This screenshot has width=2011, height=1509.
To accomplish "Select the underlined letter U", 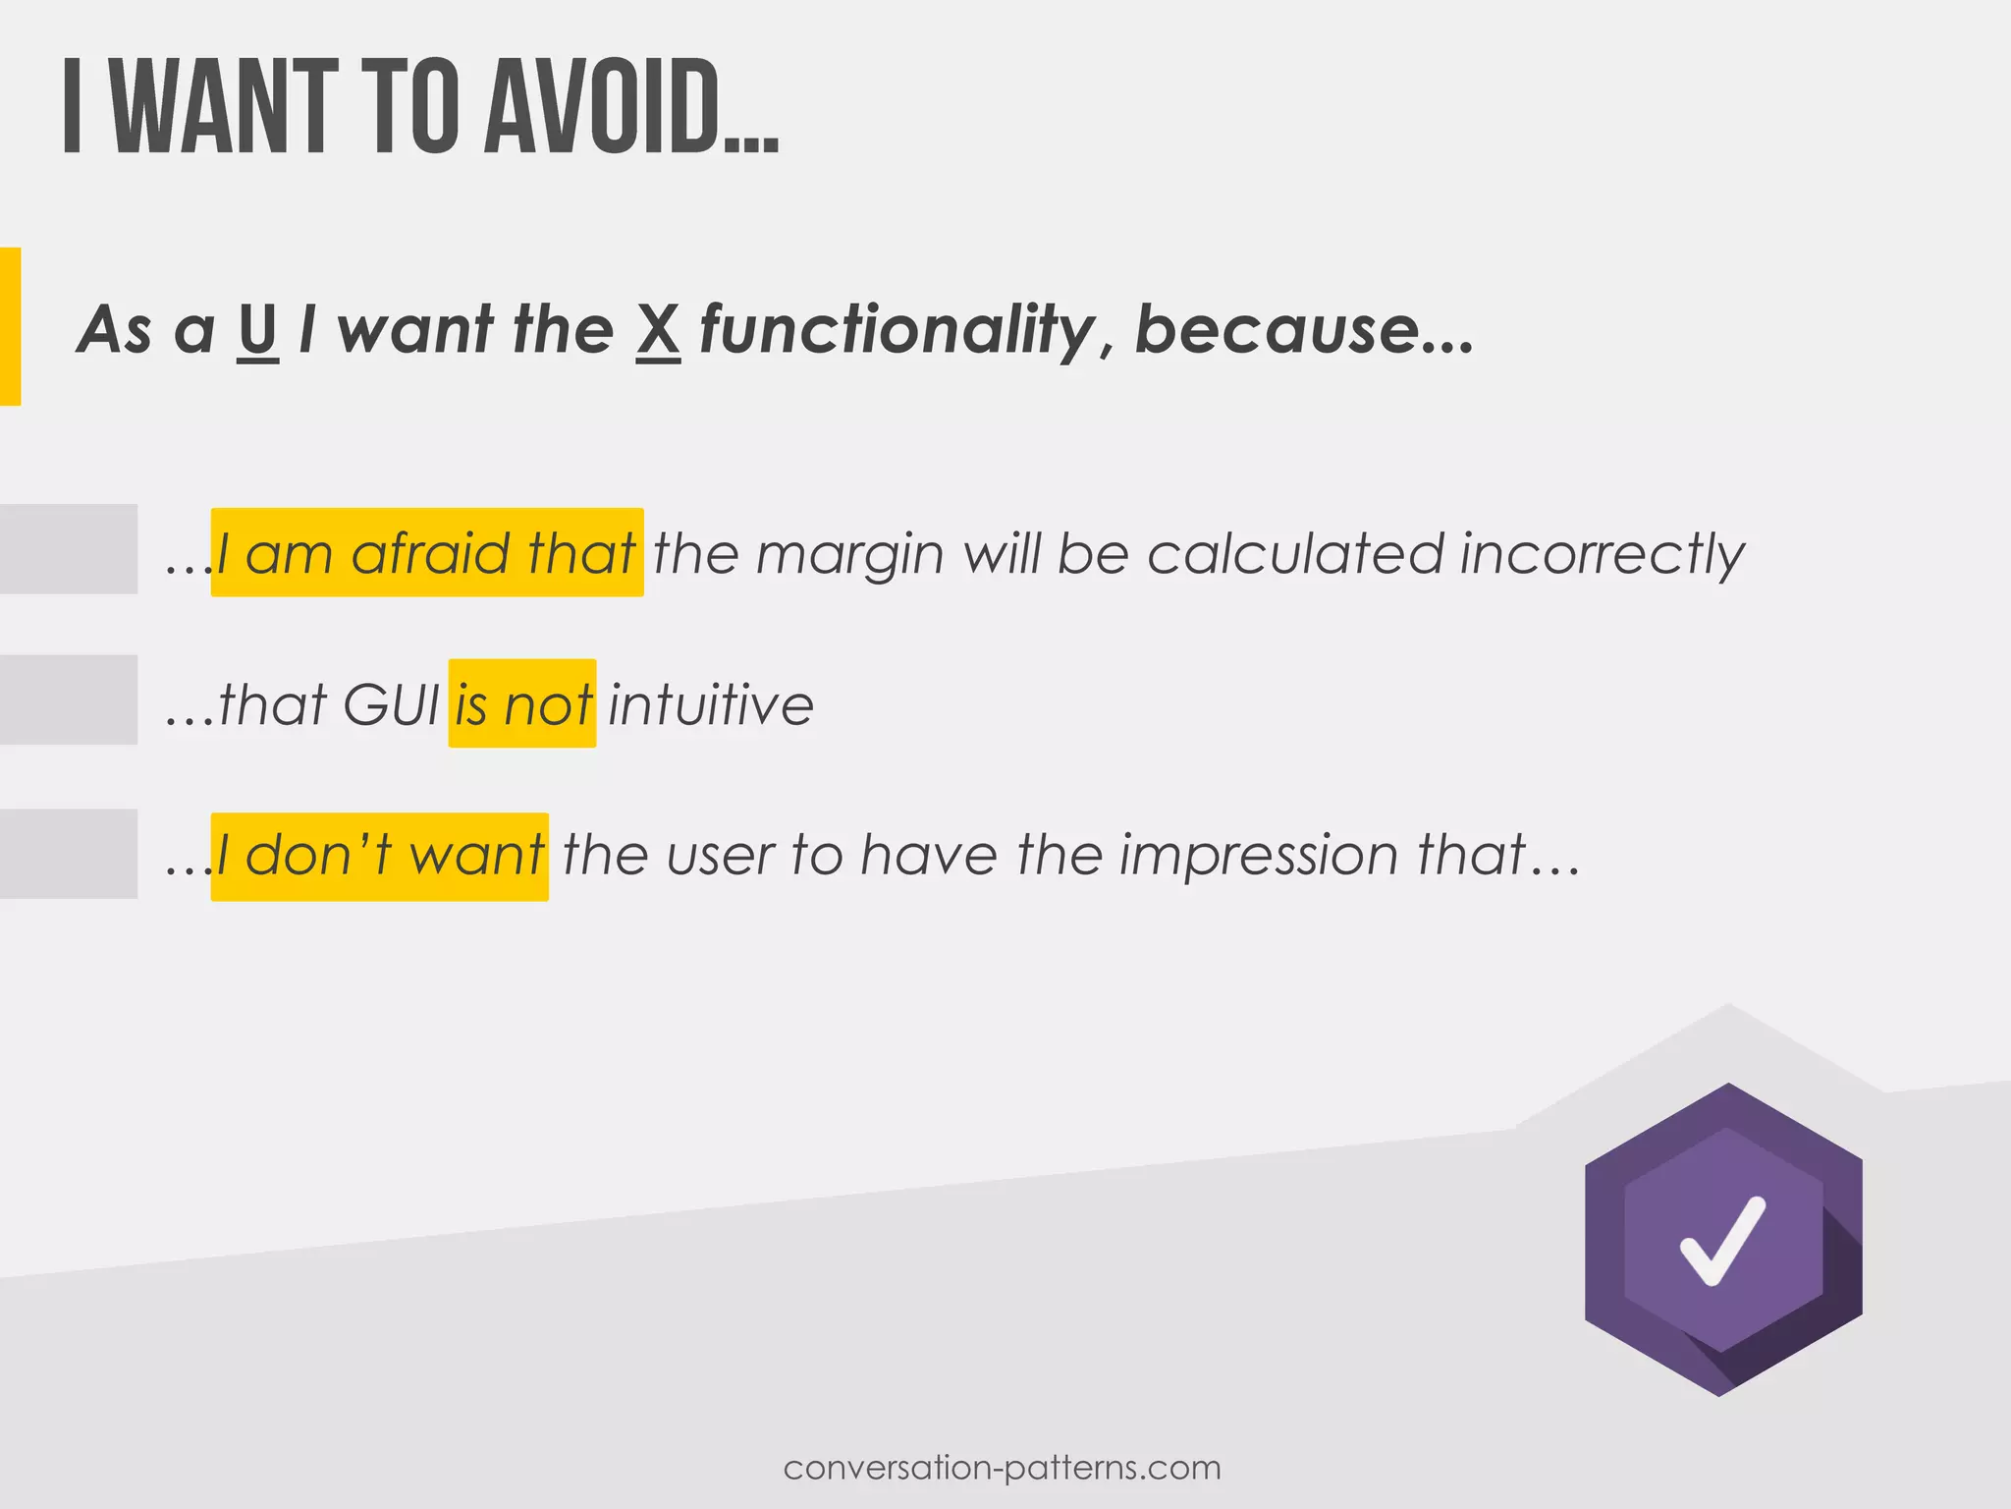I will pos(257,330).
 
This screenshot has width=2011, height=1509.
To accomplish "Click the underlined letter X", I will pos(658,330).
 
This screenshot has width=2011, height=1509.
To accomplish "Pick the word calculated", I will pos(1296,554).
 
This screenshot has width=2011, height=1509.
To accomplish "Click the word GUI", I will pos(392,705).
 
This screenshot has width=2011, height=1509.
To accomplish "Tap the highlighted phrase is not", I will pos(522,704).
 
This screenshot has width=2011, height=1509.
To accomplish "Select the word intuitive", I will pos(711,705).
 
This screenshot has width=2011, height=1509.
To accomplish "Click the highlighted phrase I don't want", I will pos(380,856).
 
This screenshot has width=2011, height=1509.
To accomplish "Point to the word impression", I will pos(1260,856).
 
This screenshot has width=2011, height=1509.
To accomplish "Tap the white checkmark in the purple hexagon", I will pos(1722,1240).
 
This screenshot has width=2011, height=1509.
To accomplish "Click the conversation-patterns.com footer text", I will pos(1003,1468).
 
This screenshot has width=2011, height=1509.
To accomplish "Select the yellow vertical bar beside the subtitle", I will pos(10,326).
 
